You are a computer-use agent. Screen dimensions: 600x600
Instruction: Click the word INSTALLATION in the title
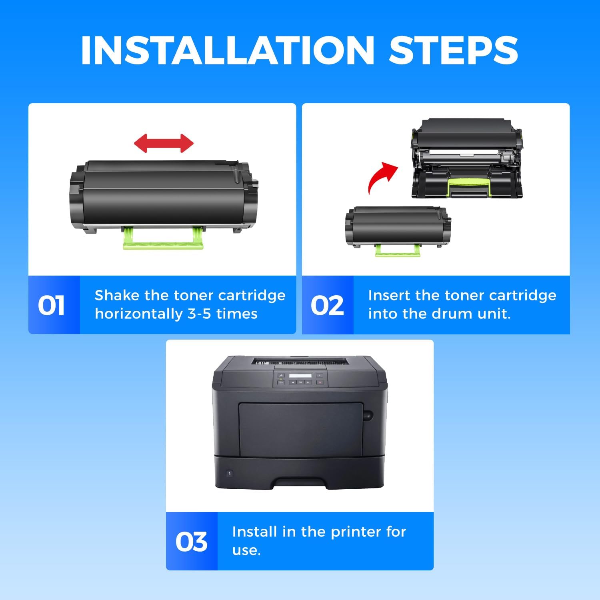[227, 50]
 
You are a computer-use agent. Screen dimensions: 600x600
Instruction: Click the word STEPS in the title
[454, 50]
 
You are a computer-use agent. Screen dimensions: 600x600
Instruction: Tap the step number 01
[51, 306]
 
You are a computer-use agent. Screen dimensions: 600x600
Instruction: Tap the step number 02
[327, 306]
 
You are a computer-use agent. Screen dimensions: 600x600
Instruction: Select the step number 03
[191, 542]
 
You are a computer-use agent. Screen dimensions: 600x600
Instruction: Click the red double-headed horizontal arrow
[164, 143]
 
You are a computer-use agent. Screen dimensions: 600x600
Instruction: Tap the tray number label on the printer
[230, 473]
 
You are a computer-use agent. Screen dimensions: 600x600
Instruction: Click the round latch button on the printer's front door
[368, 415]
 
